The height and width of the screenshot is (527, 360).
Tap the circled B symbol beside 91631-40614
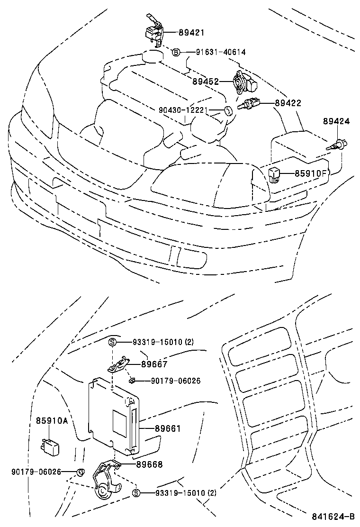pos(175,52)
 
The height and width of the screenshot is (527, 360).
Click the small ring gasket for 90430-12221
pos(228,112)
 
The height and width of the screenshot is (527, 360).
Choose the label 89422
pos(288,103)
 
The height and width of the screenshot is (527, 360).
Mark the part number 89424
pos(336,121)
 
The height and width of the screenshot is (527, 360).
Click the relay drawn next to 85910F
pos(276,174)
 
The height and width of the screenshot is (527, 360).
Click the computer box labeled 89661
pos(114,415)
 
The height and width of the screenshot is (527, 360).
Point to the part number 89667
pos(154,364)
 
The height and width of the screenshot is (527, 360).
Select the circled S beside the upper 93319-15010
pos(113,342)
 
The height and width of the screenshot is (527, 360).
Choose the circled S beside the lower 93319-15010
pos(136,493)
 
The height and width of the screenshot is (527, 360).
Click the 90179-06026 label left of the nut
pos(36,472)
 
